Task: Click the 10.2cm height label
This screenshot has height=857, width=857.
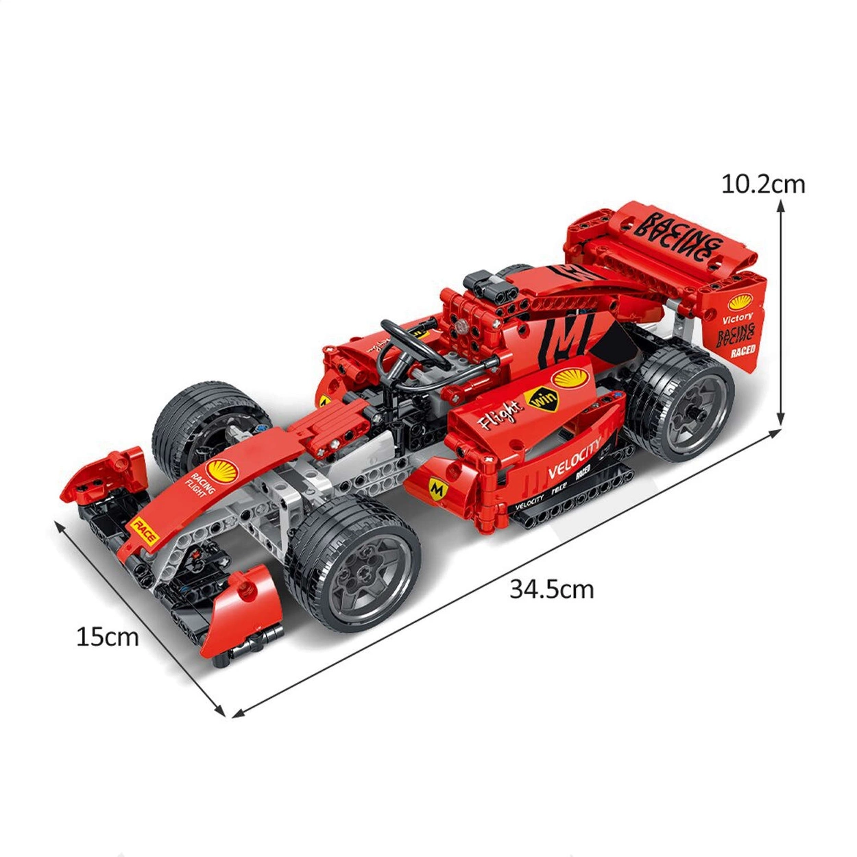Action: pos(762,184)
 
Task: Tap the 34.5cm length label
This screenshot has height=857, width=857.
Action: pos(551,589)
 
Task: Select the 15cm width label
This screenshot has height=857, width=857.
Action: pos(107,637)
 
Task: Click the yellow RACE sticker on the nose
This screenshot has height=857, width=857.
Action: pos(145,532)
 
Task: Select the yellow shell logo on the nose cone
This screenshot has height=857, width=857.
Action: pos(222,471)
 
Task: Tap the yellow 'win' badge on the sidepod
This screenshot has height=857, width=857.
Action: pos(541,400)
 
